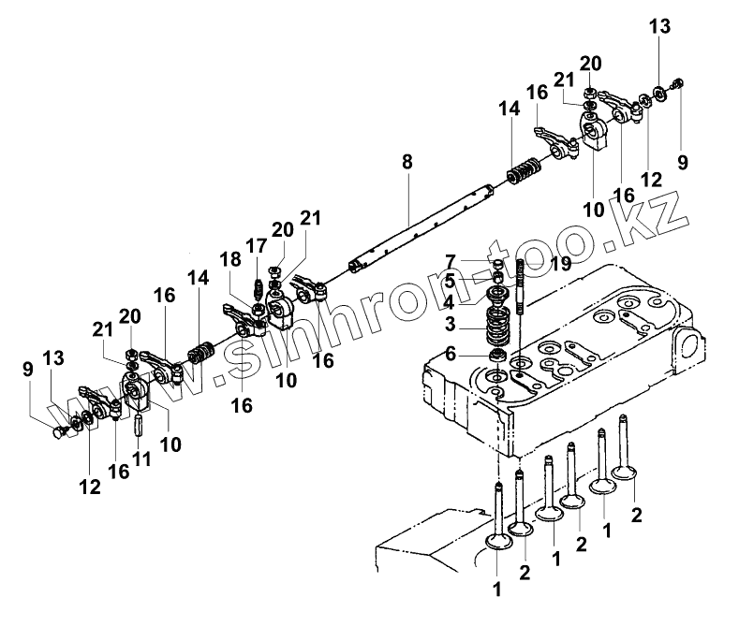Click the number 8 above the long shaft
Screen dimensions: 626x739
point(406,161)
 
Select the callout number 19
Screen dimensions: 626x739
point(561,265)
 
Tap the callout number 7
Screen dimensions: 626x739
point(451,261)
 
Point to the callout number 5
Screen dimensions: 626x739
point(451,281)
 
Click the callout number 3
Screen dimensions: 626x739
point(451,325)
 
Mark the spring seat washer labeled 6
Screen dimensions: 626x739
point(497,356)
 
